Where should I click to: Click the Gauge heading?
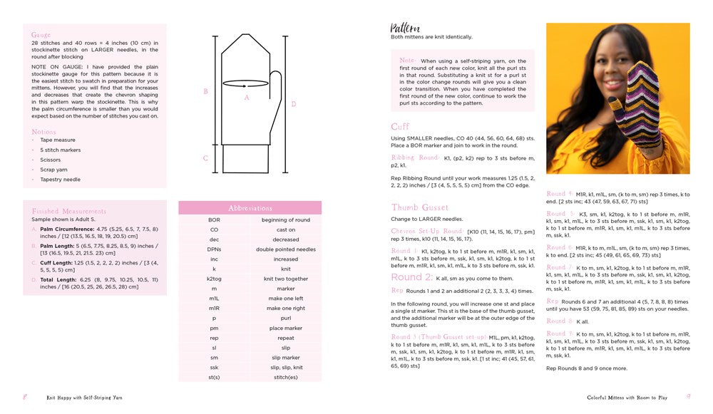pyautogui.click(x=41, y=34)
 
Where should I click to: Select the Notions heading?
pyautogui.click(x=43, y=132)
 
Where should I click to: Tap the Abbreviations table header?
pyautogui.click(x=250, y=208)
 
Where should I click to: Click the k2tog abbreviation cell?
pyautogui.click(x=214, y=279)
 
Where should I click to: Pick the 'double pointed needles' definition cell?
pyautogui.click(x=286, y=249)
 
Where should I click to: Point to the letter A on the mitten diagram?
pyautogui.click(x=247, y=98)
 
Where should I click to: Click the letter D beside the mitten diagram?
pyautogui.click(x=294, y=104)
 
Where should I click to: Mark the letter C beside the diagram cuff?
pyautogui.click(x=205, y=158)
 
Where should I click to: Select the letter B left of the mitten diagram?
pyautogui.click(x=205, y=91)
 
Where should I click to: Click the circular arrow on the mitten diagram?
pyautogui.click(x=247, y=83)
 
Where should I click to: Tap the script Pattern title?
pyautogui.click(x=405, y=28)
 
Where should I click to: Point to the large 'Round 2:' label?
pyautogui.click(x=412, y=276)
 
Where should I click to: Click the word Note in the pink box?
pyautogui.click(x=407, y=61)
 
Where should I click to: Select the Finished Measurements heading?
pyautogui.click(x=69, y=212)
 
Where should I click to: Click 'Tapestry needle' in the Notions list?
pyautogui.click(x=61, y=180)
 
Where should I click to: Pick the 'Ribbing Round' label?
pyautogui.click(x=415, y=157)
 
